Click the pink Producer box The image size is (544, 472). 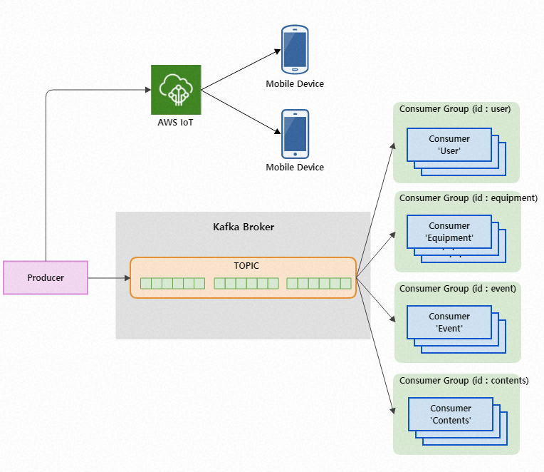coord(46,277)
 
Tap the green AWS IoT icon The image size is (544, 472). coord(176,89)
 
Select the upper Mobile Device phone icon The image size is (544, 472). coord(294,50)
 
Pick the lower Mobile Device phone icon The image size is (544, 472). coord(294,133)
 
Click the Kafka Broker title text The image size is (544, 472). coord(244,227)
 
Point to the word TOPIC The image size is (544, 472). coord(246,265)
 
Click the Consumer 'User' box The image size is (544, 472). coord(449,145)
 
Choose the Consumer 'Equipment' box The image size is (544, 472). coord(449,232)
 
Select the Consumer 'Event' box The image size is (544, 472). coord(449,322)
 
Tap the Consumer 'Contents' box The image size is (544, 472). coord(451,414)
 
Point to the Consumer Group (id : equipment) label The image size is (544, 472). coord(468,197)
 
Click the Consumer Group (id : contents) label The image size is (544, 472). coord(464,380)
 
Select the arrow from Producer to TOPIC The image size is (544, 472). coord(108,277)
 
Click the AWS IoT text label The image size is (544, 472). coord(176,123)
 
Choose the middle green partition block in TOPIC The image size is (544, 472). coord(246,283)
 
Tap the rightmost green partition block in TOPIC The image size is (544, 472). coord(319,283)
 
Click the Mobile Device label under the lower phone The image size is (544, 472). coord(295,168)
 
